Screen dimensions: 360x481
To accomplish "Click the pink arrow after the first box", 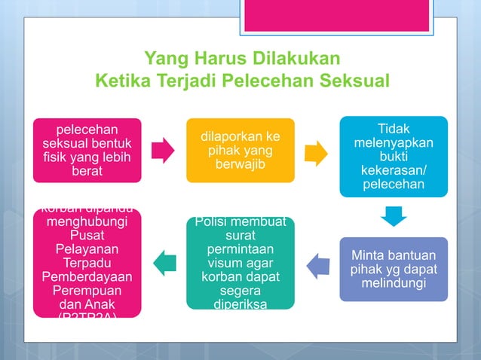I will [163, 151].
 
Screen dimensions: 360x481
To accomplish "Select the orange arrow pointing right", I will [317, 153].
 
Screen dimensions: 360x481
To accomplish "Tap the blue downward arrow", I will [393, 216].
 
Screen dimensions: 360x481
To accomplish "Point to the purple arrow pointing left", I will [317, 264].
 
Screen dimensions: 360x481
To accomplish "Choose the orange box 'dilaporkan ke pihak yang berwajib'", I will [240, 151].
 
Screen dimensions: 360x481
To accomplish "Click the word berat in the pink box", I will [87, 172].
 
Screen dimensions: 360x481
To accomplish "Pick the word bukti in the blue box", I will [394, 157].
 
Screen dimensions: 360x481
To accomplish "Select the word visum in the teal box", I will [219, 262].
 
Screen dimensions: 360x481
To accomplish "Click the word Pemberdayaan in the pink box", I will [87, 276].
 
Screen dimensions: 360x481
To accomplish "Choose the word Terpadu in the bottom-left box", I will [87, 263].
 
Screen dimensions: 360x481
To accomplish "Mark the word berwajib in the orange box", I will [240, 165].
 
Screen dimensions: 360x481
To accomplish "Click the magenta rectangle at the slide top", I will [339, 16].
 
